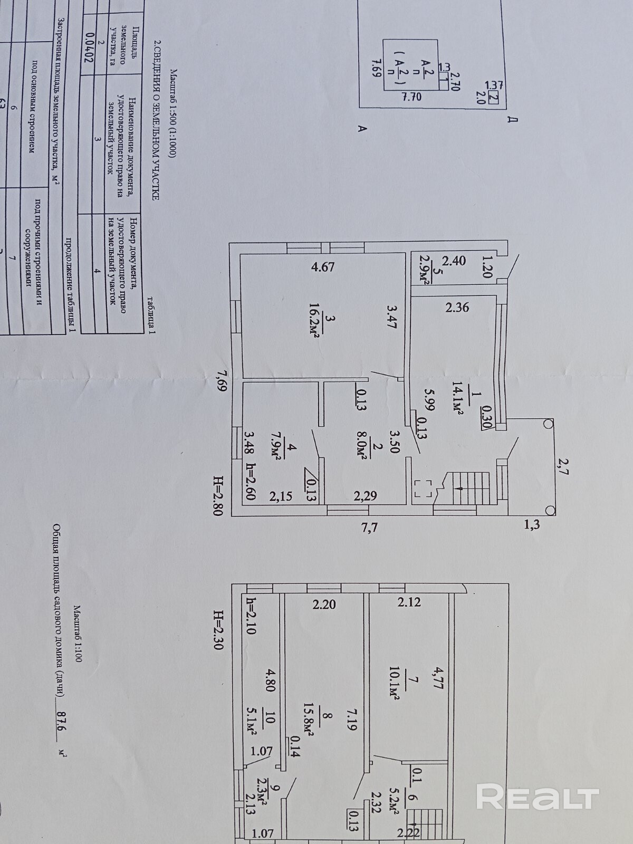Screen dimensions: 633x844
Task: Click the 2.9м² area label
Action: click(x=423, y=269)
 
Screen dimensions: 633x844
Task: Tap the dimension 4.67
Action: click(x=323, y=267)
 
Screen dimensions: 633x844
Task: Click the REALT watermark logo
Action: click(x=538, y=796)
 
